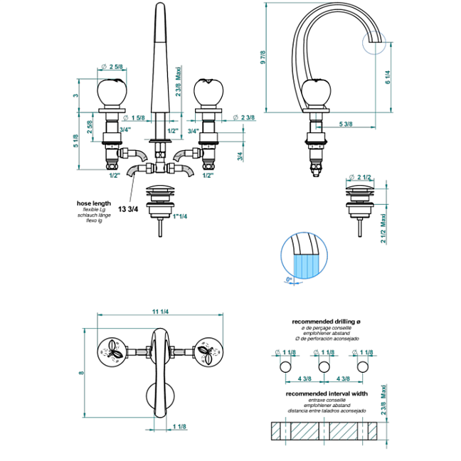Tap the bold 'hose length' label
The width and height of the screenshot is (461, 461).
[x=94, y=203]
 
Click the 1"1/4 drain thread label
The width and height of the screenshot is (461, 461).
[x=178, y=216]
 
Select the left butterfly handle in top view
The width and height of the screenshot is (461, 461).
[x=112, y=350]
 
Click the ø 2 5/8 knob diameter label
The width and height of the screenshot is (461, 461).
[x=113, y=67]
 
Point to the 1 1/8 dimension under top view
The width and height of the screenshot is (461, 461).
[x=179, y=427]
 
